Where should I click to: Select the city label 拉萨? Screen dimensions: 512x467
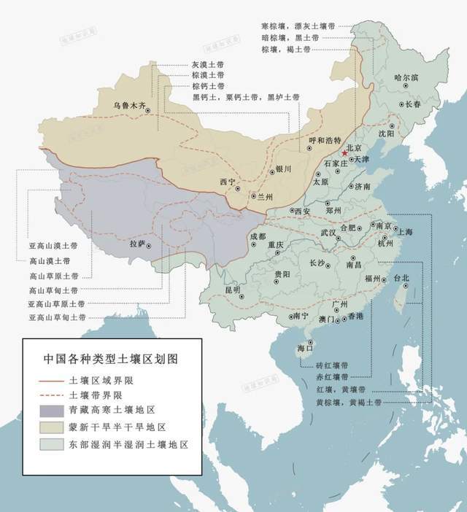(138, 243)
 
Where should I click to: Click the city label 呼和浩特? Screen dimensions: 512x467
(324, 141)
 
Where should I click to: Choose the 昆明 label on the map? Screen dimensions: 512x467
(231, 290)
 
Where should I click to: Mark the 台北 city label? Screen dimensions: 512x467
(401, 279)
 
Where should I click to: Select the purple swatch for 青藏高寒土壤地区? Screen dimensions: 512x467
(48, 411)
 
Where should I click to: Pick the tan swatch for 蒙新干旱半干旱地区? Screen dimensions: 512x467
(48, 427)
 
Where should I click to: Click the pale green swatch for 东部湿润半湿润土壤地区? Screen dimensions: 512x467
(48, 443)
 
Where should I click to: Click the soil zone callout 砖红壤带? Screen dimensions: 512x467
(332, 365)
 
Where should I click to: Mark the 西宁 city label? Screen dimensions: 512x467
(228, 182)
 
